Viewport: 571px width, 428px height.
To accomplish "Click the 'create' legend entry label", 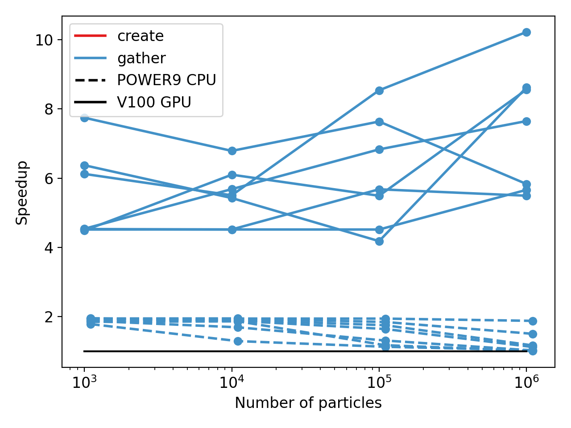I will point(140,36).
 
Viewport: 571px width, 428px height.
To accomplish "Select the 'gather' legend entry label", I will point(141,58).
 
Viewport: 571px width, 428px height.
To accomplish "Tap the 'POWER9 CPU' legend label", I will point(166,80).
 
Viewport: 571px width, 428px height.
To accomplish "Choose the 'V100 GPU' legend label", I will point(154,103).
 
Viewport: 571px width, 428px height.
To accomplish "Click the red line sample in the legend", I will point(91,36).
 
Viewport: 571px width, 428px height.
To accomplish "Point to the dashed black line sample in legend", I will point(91,80).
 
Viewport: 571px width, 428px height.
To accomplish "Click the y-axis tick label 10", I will point(44,40).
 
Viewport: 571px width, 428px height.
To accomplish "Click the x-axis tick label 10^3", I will point(84,382).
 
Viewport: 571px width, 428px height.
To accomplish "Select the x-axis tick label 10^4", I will point(232,382).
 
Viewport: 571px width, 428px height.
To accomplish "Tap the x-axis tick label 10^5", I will point(379,382).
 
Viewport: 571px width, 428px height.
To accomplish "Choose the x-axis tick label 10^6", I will point(526,382).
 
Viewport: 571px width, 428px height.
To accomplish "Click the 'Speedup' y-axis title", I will point(22,193).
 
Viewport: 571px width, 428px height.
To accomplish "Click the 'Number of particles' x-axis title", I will point(308,403).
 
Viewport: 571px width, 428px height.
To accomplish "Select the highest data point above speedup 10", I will point(526,32).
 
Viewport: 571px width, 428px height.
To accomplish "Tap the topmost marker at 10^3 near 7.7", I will point(84,118).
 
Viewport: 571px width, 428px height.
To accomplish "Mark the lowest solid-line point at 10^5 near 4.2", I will point(379,241).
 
